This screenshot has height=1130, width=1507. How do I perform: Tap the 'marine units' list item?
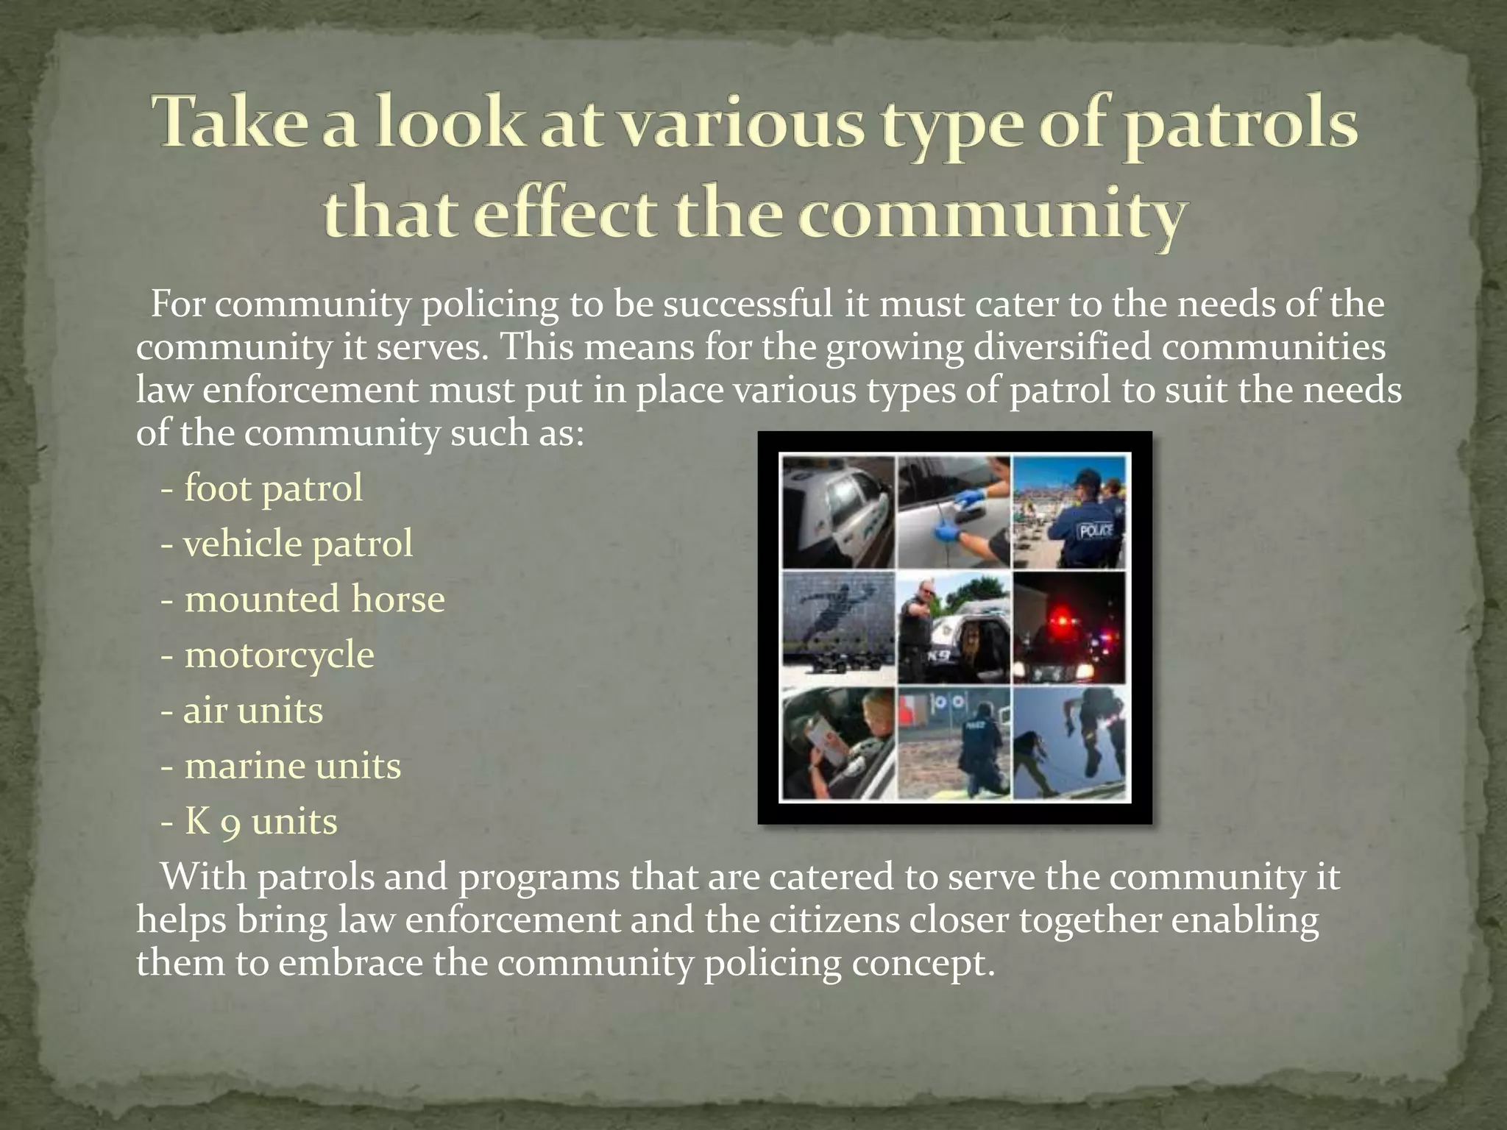[x=292, y=766]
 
